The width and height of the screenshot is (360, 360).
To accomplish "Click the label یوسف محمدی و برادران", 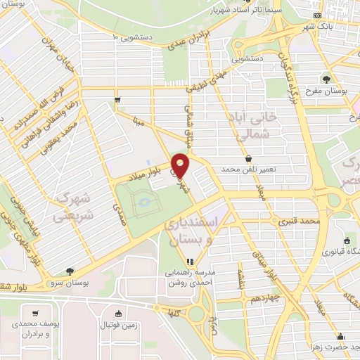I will (x=36, y=331).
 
